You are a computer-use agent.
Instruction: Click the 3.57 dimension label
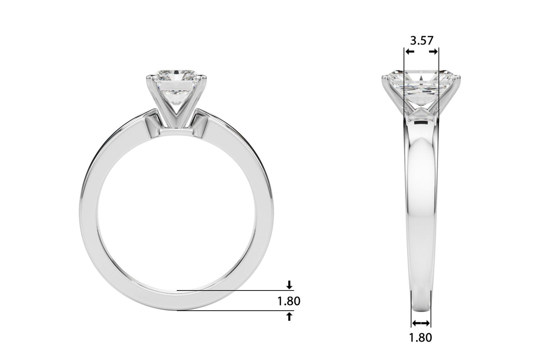(x=422, y=40)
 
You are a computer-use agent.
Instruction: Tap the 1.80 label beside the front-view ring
(x=289, y=301)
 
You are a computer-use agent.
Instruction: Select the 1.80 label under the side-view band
(x=421, y=338)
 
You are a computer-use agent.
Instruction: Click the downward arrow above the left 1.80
(x=289, y=285)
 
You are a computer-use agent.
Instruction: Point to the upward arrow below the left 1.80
(x=289, y=317)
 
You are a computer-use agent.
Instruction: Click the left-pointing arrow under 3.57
(x=410, y=52)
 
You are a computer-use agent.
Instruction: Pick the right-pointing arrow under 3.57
(x=433, y=52)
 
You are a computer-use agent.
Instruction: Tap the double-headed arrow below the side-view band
(x=421, y=323)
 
